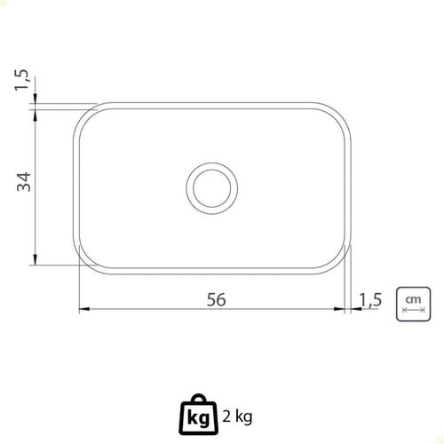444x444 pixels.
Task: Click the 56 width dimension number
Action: pyautogui.click(x=216, y=299)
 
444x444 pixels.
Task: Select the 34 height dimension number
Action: pyautogui.click(x=24, y=182)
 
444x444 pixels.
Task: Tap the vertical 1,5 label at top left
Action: pyautogui.click(x=22, y=80)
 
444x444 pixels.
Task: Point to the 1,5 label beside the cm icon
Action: pyautogui.click(x=370, y=300)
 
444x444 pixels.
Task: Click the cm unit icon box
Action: pyautogui.click(x=413, y=304)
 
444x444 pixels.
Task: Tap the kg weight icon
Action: pyautogui.click(x=199, y=415)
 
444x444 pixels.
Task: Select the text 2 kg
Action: pyautogui.click(x=237, y=417)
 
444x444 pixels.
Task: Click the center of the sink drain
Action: pyautogui.click(x=212, y=188)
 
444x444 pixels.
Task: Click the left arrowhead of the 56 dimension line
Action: pyautogui.click(x=84, y=309)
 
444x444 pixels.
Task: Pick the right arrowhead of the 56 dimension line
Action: pyautogui.click(x=339, y=309)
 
